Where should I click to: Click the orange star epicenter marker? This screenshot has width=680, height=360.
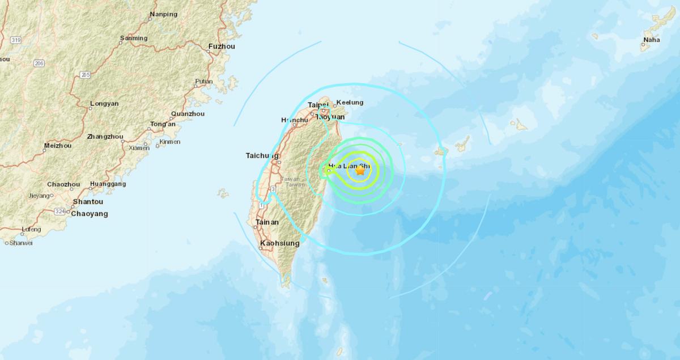click(x=360, y=170)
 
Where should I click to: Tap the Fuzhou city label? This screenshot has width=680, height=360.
click(x=222, y=46)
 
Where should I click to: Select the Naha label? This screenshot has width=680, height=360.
click(x=651, y=40)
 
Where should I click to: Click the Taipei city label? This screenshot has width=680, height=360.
click(x=318, y=105)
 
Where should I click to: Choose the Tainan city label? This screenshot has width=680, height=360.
click(x=267, y=222)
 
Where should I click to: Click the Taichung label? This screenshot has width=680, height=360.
click(x=262, y=155)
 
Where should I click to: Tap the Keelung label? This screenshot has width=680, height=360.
click(x=348, y=103)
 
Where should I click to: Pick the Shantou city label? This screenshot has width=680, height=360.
click(x=88, y=202)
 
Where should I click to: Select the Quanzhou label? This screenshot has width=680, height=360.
click(x=188, y=113)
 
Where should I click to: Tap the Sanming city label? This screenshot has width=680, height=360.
click(x=134, y=39)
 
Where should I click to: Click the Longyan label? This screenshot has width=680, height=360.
click(x=104, y=104)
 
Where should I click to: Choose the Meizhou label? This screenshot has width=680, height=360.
click(x=58, y=146)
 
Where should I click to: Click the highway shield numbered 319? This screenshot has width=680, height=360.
click(x=16, y=40)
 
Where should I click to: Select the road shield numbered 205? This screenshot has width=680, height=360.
click(x=86, y=75)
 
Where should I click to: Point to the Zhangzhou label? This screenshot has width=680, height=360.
click(x=105, y=137)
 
